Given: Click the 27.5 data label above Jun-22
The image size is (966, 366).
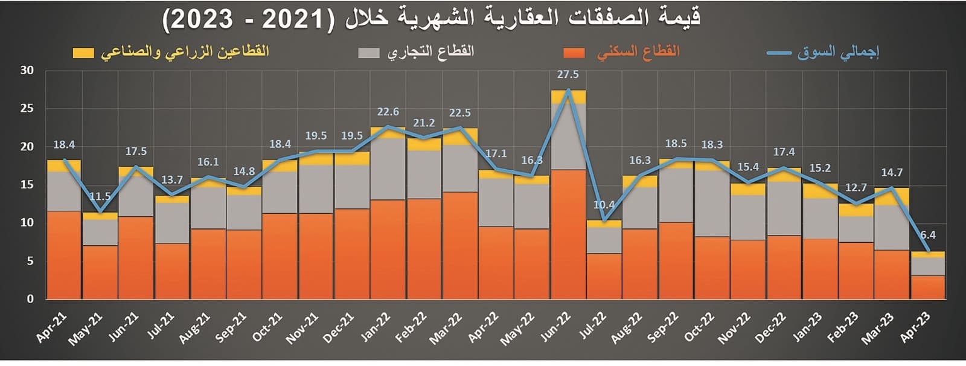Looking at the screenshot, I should (568, 74).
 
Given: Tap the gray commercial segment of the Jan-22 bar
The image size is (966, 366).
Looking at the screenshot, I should (388, 169).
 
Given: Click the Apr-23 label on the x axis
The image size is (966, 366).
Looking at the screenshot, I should (916, 327).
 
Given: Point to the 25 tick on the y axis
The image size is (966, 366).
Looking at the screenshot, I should (27, 109).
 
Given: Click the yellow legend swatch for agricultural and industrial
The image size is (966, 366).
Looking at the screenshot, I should (83, 53).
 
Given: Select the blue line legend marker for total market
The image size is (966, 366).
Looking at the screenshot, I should (778, 53).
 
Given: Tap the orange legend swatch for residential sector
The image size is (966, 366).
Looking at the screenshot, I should (574, 53).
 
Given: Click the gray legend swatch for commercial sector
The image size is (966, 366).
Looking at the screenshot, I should (368, 53).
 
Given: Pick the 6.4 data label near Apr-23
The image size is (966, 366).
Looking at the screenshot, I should (927, 235).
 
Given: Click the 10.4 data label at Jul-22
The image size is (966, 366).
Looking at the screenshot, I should (604, 205).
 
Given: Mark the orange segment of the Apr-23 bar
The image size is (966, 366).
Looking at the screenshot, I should (927, 287).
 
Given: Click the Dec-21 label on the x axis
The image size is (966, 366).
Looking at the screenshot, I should (339, 328).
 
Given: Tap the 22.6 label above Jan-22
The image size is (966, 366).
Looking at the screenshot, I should (388, 112).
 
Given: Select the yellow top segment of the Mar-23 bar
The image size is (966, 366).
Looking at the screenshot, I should (892, 197).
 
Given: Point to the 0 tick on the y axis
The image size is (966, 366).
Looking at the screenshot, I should (30, 299).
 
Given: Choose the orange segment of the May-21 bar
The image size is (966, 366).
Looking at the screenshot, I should (100, 272).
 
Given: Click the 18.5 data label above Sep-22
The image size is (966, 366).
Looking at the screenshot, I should (676, 144).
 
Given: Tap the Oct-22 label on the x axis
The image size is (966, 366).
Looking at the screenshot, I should (700, 327).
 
